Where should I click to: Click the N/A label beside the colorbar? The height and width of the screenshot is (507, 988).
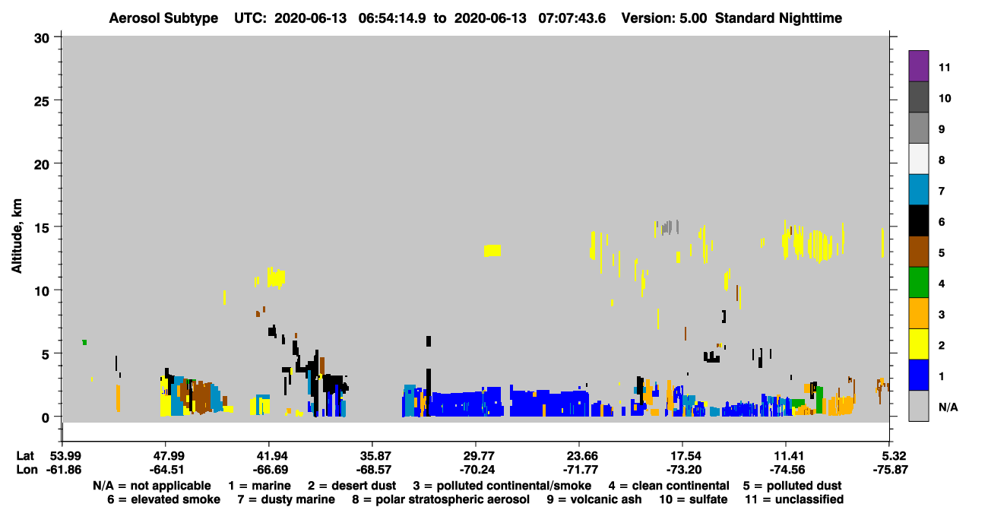948,407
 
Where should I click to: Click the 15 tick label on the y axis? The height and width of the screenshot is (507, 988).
43,228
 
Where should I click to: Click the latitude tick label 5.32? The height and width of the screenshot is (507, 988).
891,456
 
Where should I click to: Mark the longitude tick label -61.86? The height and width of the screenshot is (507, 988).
64,470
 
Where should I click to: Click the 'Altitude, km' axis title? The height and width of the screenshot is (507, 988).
17,236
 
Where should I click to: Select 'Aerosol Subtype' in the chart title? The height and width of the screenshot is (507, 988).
163,18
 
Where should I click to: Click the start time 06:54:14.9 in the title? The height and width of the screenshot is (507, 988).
392,18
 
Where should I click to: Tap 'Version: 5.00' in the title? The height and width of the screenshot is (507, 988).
664,18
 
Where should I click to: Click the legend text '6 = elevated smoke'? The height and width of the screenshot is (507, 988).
163,499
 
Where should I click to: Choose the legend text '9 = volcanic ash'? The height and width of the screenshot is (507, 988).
594,499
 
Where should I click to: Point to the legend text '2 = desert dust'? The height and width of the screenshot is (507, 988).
352,486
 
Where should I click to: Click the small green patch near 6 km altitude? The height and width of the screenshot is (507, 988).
84,342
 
